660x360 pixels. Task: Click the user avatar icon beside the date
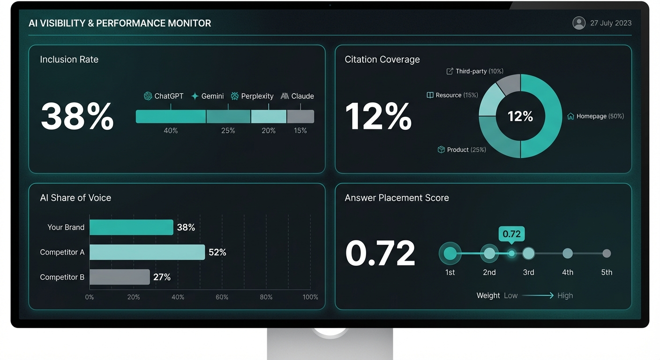coord(579,23)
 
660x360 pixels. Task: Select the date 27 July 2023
coord(611,23)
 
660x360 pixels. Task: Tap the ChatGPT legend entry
coord(164,96)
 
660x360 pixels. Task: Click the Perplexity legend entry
coord(252,96)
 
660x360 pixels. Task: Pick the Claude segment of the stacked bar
coord(300,117)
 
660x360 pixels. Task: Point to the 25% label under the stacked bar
coord(228,131)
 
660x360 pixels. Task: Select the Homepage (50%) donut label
coord(596,116)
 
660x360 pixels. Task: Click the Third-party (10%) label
coord(474,71)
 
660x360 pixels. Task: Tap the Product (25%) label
coord(462,150)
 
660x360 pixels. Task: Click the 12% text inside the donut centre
coord(520,116)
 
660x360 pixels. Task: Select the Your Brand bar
coord(131,227)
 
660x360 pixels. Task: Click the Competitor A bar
coord(147,252)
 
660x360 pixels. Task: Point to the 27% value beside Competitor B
coord(162,277)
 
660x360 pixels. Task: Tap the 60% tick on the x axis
coord(222,297)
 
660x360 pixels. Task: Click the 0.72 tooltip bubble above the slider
coord(511,234)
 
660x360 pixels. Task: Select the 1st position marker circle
coord(450,254)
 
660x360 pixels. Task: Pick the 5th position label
coord(607,272)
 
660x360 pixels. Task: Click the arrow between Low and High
coord(538,295)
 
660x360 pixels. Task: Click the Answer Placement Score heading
coord(397,198)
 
